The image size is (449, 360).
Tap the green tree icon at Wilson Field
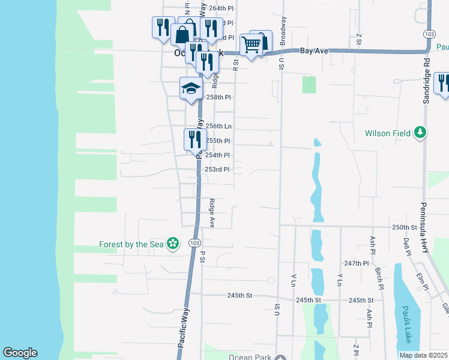(x=421, y=133)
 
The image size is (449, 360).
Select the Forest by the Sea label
(x=132, y=244)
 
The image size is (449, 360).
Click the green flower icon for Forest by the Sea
(x=173, y=244)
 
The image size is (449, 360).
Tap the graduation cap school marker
(x=191, y=89)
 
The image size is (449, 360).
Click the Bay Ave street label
(x=315, y=52)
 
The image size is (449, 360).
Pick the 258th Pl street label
(x=218, y=97)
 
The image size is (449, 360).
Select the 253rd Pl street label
(x=217, y=170)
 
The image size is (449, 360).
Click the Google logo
(x=20, y=353)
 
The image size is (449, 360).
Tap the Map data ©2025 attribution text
(x=423, y=355)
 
